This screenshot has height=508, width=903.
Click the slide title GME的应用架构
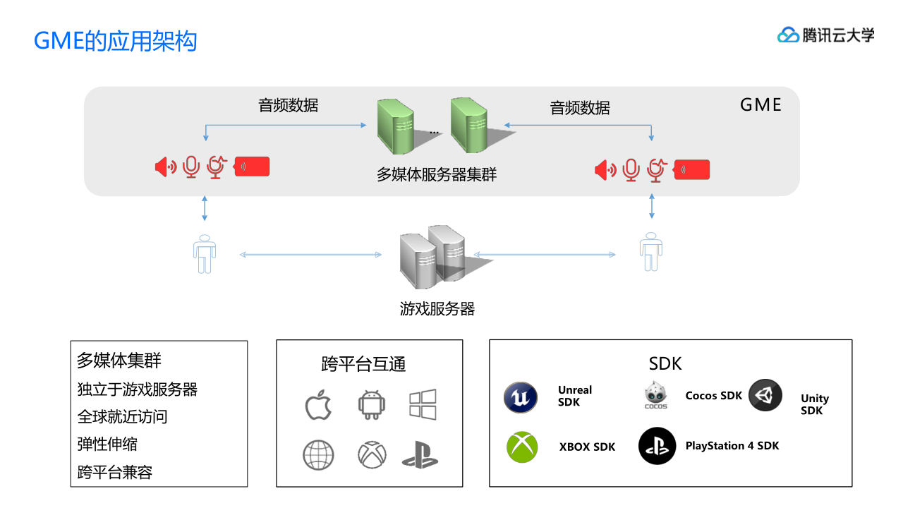[116, 41]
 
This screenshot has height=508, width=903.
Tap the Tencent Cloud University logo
[825, 35]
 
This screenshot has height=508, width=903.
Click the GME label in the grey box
[760, 105]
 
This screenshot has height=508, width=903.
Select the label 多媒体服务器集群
[437, 174]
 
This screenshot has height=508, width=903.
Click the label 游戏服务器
[437, 308]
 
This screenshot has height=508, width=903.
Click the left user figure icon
[205, 253]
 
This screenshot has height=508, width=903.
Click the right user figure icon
[650, 252]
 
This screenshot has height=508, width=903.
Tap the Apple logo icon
[318, 406]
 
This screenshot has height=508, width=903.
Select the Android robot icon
[371, 405]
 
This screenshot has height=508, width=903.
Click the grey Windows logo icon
[423, 405]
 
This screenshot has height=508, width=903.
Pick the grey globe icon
[318, 455]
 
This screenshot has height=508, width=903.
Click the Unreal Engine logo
[521, 397]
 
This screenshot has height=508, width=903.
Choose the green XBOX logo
[522, 447]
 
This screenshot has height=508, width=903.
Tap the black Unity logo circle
[765, 396]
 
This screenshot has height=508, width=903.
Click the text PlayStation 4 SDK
[732, 446]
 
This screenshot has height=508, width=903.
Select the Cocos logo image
[656, 396]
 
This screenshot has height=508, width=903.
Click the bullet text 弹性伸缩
[107, 445]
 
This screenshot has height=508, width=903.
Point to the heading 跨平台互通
[363, 364]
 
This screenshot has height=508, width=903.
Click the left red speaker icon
[165, 167]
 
